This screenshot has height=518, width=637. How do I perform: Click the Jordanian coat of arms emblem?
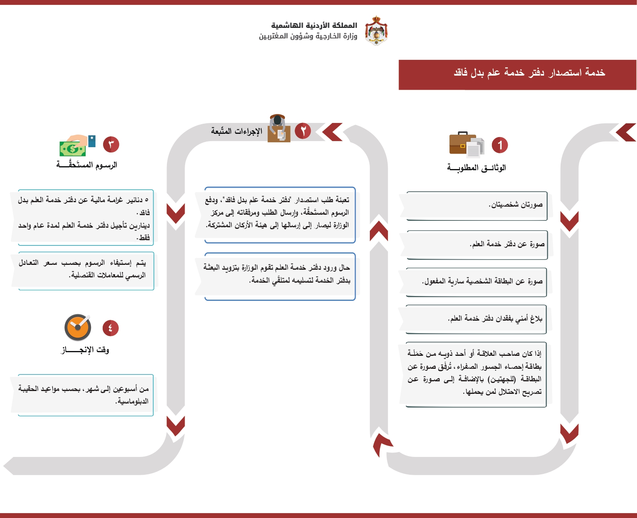(376, 30)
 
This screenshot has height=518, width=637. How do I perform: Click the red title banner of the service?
(517, 75)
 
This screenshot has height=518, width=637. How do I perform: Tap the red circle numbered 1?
(500, 145)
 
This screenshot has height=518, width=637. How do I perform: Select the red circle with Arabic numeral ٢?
(303, 131)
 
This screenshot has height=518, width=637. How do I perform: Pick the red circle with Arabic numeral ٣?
(111, 144)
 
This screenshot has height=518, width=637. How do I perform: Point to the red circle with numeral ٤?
(110, 328)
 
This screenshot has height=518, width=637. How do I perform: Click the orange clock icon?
(78, 328)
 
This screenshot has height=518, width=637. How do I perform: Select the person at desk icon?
(279, 129)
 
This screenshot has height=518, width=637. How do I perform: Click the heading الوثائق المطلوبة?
(477, 167)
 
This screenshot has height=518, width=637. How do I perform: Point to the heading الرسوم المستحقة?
(86, 165)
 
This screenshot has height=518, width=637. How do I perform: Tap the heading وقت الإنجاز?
(85, 350)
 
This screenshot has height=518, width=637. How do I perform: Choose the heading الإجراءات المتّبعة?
(236, 131)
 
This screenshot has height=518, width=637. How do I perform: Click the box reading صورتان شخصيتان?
(477, 206)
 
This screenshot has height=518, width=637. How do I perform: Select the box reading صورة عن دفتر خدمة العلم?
(477, 245)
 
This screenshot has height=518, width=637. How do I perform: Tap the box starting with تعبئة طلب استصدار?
(280, 215)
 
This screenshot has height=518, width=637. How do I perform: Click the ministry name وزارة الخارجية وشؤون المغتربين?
(308, 36)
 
